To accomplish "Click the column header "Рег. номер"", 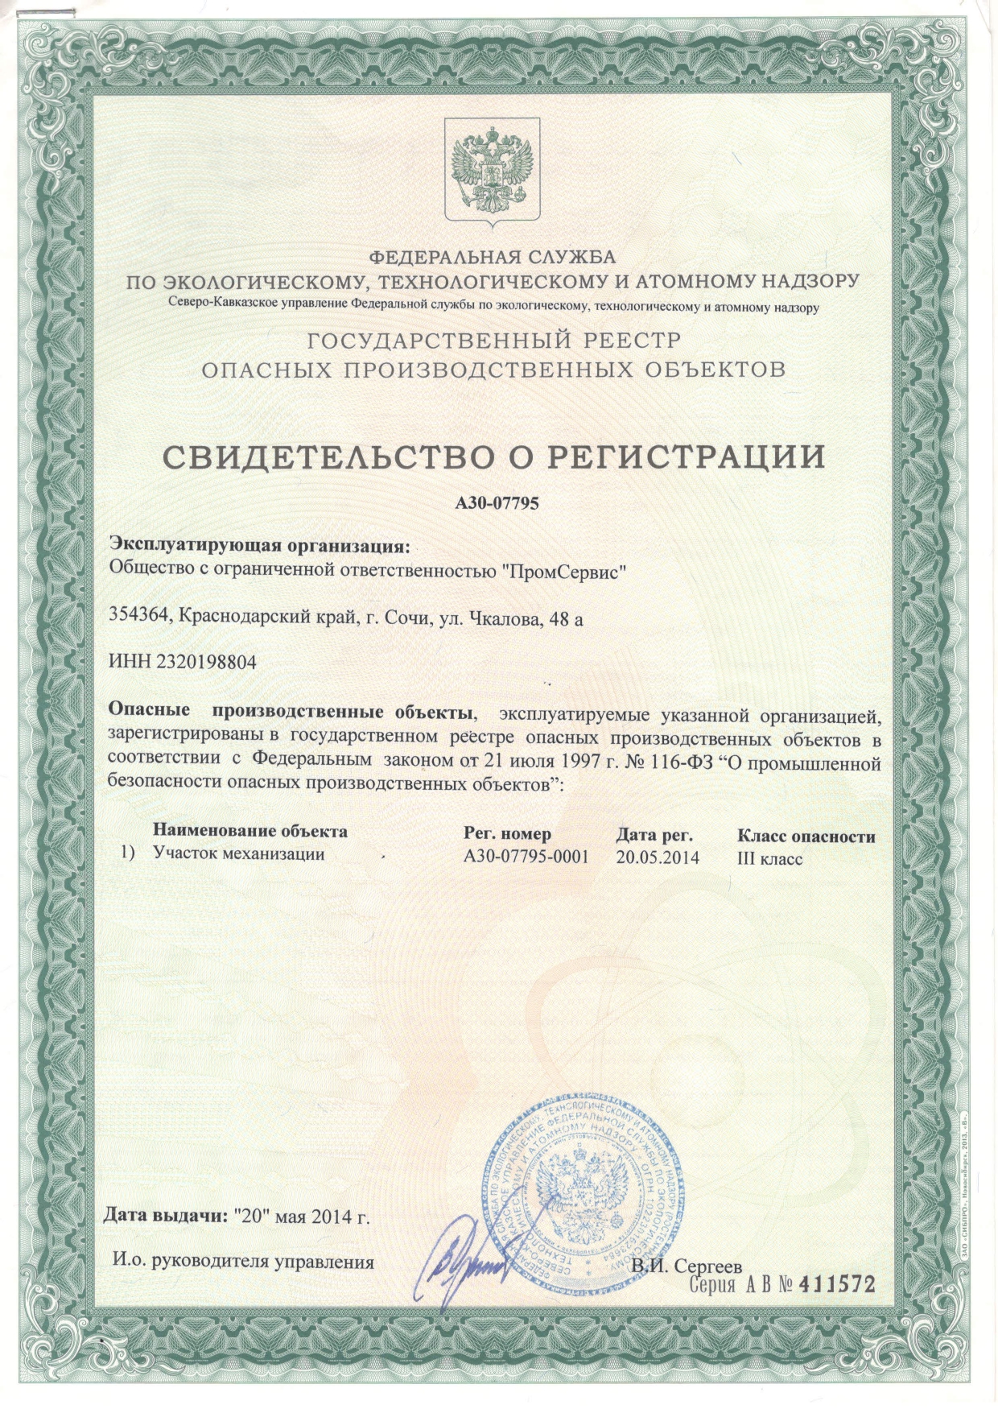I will (x=508, y=833).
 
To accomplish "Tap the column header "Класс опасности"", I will (x=806, y=836).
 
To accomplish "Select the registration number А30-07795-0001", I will (x=526, y=856).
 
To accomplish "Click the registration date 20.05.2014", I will (x=658, y=857).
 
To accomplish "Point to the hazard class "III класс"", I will (x=769, y=858).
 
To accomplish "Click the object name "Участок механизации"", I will (x=239, y=854).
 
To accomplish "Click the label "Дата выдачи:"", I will (x=167, y=1215).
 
